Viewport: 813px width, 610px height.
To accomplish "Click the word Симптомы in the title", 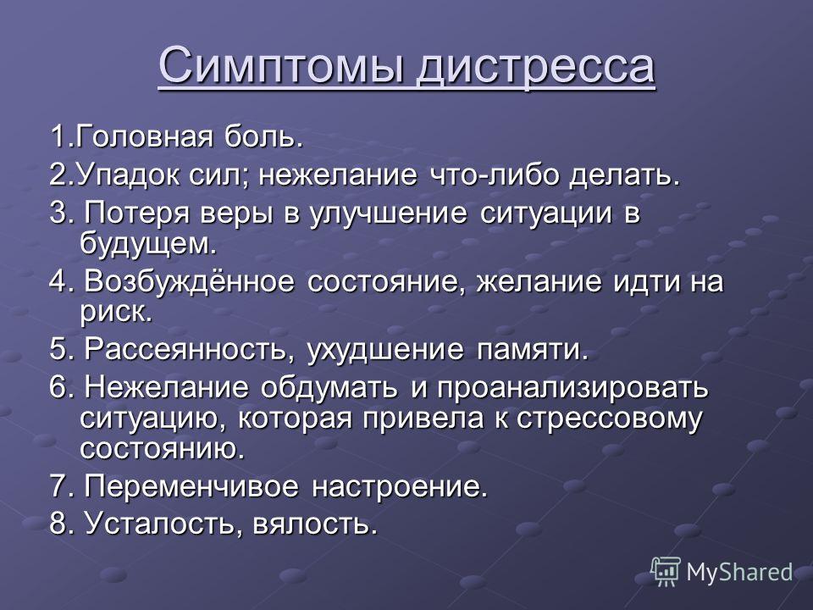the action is [x=281, y=66].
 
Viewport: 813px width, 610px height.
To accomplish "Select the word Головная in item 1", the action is [x=141, y=137].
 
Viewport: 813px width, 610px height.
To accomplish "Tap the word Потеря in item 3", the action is [x=137, y=213].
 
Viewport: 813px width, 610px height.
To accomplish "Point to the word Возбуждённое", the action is [x=189, y=281].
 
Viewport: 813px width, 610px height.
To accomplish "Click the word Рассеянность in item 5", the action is [x=185, y=350].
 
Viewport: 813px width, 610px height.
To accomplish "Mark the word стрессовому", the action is [x=609, y=419].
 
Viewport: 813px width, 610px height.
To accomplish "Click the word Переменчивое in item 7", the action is [x=191, y=486].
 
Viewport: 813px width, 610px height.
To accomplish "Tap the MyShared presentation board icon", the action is [x=666, y=572].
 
